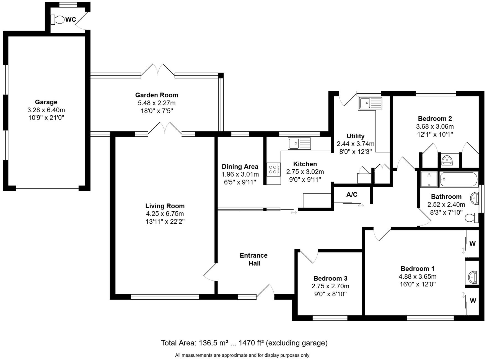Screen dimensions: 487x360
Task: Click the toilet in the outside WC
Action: coord(58,20)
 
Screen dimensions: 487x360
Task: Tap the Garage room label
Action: coord(46,102)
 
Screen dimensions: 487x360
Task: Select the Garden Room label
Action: coord(157,95)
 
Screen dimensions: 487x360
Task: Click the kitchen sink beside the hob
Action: coord(299,143)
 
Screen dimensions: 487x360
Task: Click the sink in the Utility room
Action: coord(370,103)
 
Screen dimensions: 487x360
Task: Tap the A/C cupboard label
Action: coord(352,195)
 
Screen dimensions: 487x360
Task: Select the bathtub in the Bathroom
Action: coord(459,179)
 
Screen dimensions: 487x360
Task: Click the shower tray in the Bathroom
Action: coord(429,179)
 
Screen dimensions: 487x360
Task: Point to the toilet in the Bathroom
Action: coord(472,218)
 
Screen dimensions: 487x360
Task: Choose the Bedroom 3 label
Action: coord(330,278)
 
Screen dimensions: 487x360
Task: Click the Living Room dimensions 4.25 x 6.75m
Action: coord(165,214)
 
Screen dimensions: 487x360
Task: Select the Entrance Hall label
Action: coord(254,259)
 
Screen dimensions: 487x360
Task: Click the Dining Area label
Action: coord(240,167)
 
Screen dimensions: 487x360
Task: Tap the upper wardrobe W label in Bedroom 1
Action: coord(473,244)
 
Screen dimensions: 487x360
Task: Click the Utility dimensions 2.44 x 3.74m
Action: coord(356,144)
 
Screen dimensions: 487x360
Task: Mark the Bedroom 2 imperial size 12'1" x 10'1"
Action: coord(435,134)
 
